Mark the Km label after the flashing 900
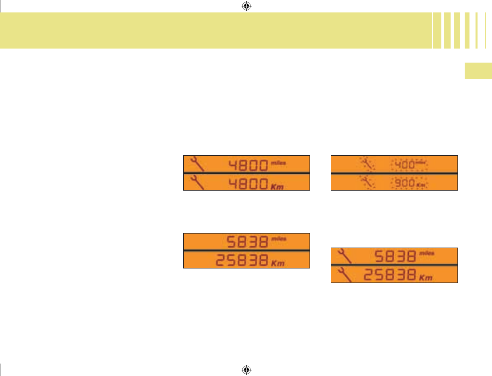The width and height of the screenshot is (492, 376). (420, 185)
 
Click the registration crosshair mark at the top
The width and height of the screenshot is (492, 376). (247, 6)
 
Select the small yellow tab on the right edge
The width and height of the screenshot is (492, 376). (478, 71)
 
